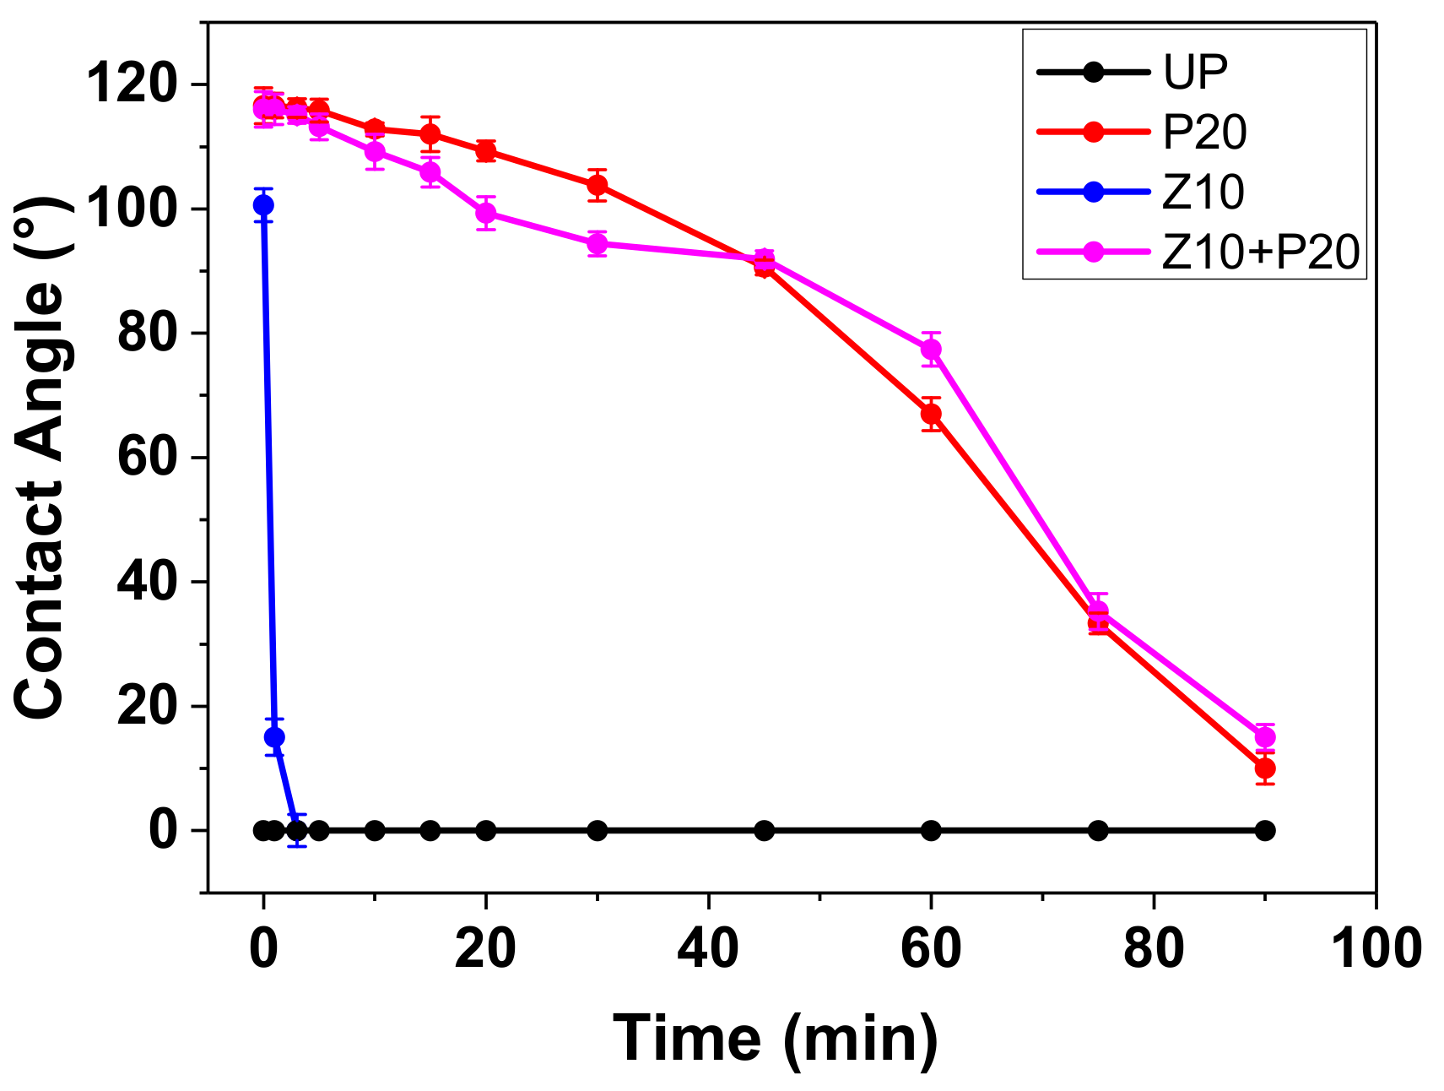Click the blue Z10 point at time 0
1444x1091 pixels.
[263, 204]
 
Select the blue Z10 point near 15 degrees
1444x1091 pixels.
[274, 737]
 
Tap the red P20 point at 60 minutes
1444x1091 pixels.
[931, 414]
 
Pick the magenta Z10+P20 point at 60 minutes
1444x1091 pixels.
[931, 350]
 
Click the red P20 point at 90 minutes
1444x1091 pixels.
[1264, 768]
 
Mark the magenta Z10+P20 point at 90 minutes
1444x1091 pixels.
[1264, 737]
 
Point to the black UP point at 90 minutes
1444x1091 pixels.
[1264, 831]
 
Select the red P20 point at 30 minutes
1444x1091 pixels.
[598, 185]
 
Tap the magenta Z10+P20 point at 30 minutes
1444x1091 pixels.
[598, 244]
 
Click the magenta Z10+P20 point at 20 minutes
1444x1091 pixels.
[486, 213]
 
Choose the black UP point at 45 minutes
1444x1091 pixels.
[764, 831]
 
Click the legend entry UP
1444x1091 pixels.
[1195, 72]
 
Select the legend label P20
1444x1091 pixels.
[1204, 133]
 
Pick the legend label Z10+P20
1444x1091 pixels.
[1261, 252]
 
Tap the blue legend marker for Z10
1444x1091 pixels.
[1093, 192]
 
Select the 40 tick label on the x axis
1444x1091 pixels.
[708, 947]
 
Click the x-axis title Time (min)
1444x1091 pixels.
[775, 1039]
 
